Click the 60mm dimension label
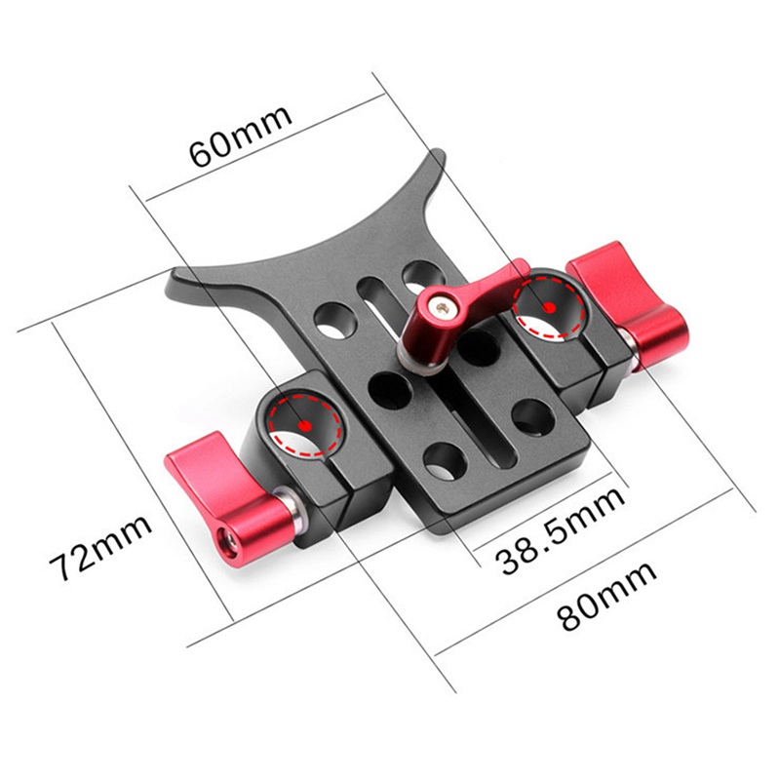pyautogui.click(x=240, y=136)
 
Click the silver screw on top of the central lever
pyautogui.click(x=445, y=309)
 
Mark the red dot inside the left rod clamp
pyautogui.click(x=306, y=426)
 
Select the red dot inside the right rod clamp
pyautogui.click(x=549, y=308)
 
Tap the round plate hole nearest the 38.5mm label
pyautogui.click(x=444, y=458)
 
